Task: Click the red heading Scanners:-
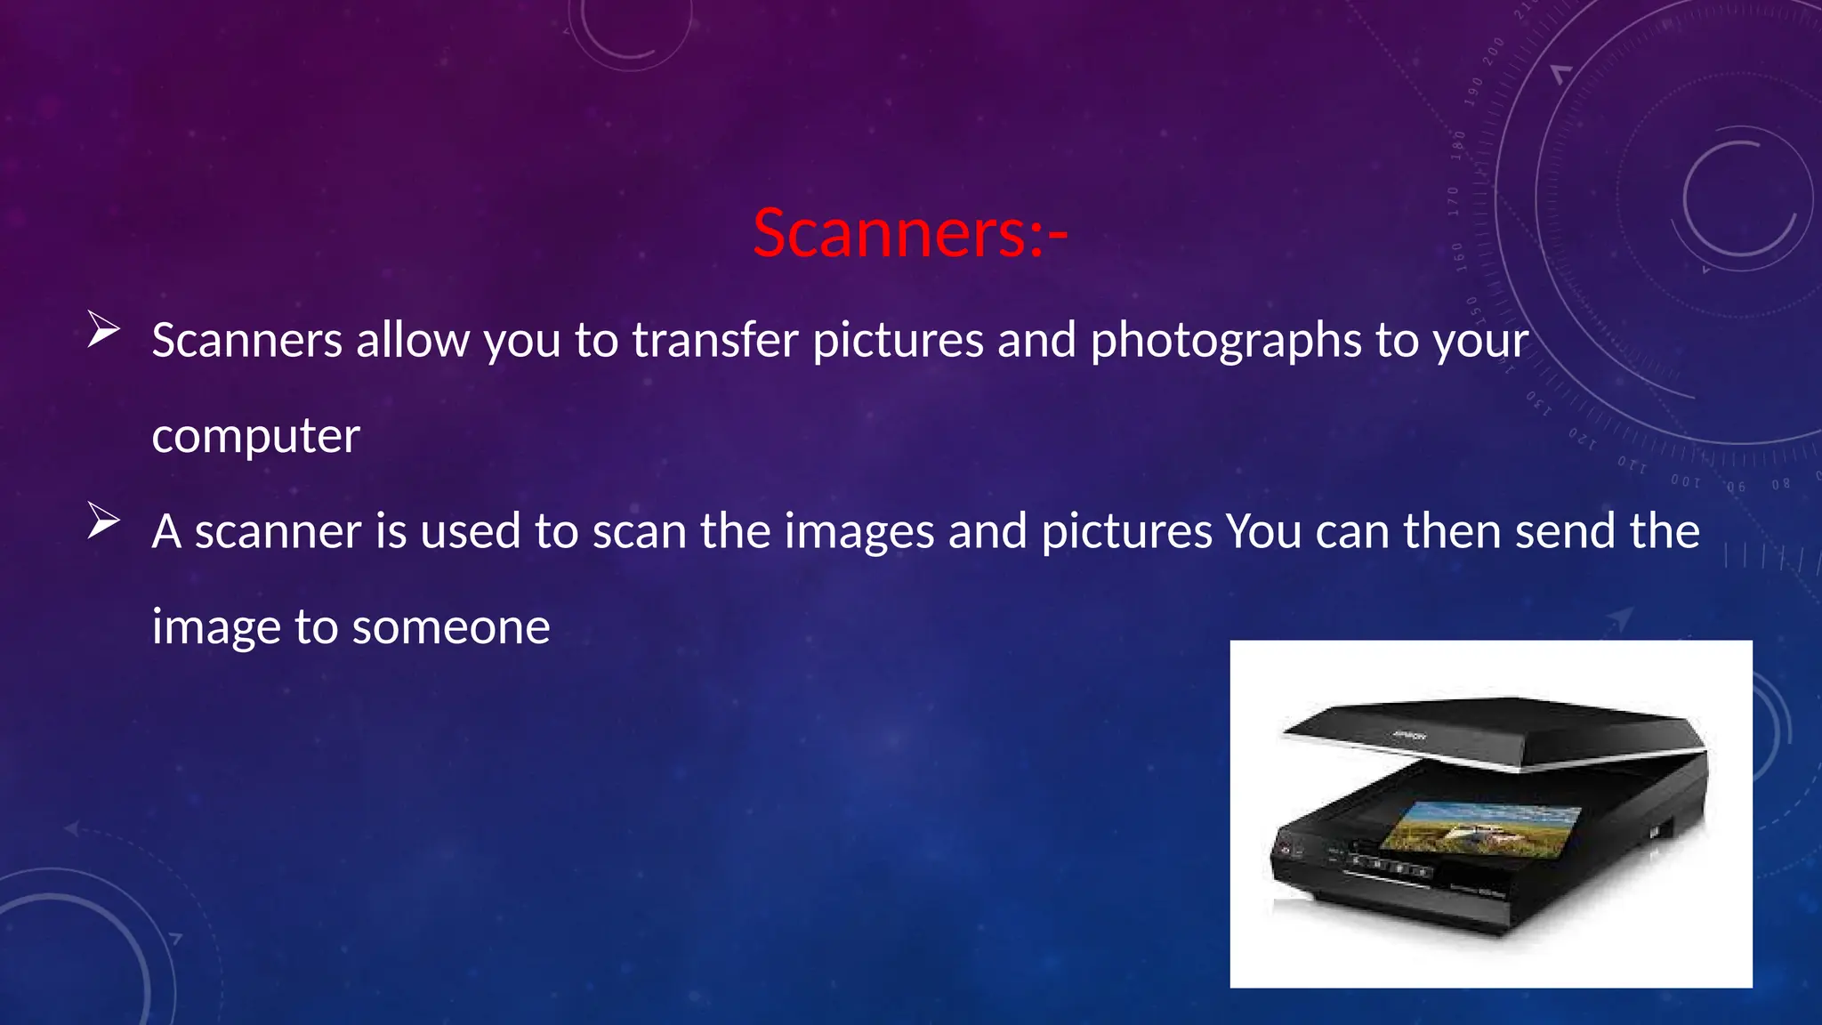(910, 233)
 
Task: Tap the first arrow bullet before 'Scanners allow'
(103, 330)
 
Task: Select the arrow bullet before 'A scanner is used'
(103, 521)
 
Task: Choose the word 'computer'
(255, 436)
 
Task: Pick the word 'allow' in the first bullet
(413, 340)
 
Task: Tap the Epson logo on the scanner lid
(1409, 736)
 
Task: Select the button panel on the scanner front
(1388, 866)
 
